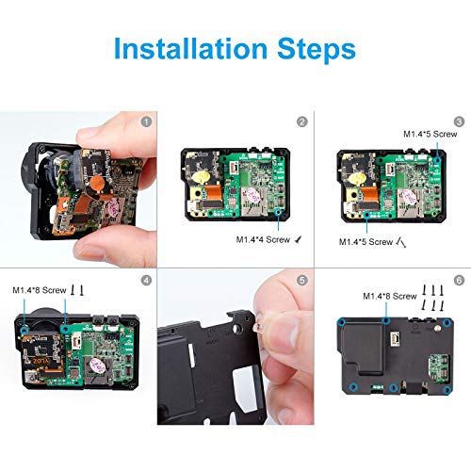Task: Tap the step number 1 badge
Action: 145,122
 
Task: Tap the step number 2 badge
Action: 301,122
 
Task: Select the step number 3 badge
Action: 459,122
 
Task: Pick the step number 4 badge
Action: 145,280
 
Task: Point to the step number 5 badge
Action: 301,280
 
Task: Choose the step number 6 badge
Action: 459,280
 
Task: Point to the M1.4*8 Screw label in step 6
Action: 391,296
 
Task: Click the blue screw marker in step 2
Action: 281,216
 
